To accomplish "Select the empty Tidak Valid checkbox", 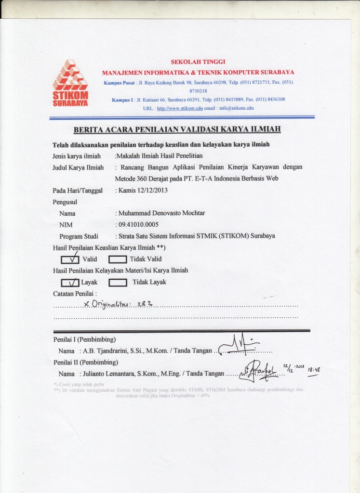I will coord(118,259).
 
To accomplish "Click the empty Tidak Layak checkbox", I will coord(118,282).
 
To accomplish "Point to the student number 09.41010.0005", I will coord(138,224).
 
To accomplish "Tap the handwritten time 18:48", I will coord(314,369).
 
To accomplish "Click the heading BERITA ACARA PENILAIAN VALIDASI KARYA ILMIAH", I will coord(177,129).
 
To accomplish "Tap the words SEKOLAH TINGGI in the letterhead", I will coord(198,62).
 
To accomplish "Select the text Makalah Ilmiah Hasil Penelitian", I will coord(160,156).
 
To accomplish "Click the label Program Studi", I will coord(79,236).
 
